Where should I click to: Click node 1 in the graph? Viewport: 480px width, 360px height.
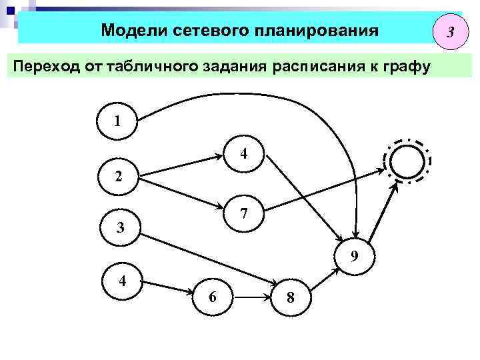point(117,122)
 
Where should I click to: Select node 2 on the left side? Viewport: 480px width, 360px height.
point(117,177)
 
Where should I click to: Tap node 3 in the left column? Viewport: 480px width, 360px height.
point(120,227)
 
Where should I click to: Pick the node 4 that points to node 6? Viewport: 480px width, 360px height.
point(122,281)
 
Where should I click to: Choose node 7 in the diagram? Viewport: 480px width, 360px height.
point(244,213)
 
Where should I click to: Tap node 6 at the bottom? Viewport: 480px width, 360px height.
point(211,297)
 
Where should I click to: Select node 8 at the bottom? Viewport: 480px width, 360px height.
point(290,298)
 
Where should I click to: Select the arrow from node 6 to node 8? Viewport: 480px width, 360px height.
point(251,298)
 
